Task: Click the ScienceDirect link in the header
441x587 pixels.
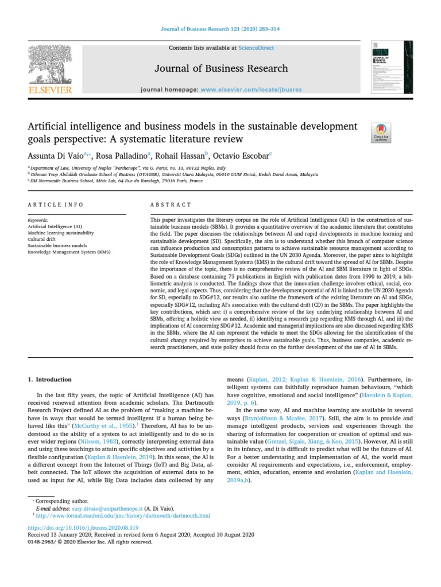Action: (258, 48)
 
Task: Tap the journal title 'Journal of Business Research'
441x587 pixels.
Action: (221, 69)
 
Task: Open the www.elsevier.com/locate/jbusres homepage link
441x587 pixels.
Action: (251, 90)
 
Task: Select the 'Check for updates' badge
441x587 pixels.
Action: (381, 132)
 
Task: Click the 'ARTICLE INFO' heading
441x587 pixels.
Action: (55, 205)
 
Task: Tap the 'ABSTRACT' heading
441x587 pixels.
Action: (171, 205)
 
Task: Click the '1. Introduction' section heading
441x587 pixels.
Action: (50, 379)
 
